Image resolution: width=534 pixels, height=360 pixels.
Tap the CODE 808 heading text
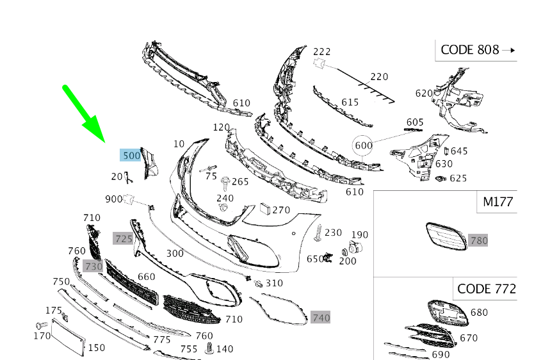[x=469, y=50]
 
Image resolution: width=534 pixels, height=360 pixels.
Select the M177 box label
[x=498, y=202]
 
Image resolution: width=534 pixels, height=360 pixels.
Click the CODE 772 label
[x=487, y=289]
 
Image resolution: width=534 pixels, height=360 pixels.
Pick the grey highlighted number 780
[x=478, y=241]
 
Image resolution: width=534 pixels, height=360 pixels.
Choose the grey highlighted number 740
[x=321, y=318]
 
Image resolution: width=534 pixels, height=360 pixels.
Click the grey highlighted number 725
[x=123, y=238]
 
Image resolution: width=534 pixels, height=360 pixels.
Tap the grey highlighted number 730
[x=93, y=266]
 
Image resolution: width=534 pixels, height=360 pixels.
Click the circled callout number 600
[x=364, y=145]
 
